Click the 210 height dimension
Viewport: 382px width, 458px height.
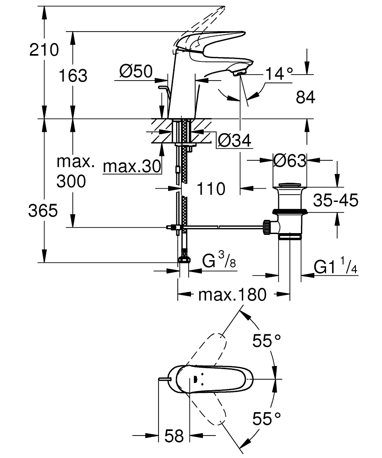[44, 49]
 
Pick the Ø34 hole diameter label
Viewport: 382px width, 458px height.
[234, 142]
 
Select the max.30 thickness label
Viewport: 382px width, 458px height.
[132, 167]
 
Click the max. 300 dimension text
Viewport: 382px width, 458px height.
[75, 172]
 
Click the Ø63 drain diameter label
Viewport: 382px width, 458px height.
[289, 161]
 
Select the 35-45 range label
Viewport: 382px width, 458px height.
[335, 201]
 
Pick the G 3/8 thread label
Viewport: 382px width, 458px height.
[219, 262]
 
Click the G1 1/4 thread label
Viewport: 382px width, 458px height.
[335, 267]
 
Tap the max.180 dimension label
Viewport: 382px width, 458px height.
[232, 294]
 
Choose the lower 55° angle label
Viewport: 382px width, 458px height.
[267, 418]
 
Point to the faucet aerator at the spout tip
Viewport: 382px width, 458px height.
[239, 71]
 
